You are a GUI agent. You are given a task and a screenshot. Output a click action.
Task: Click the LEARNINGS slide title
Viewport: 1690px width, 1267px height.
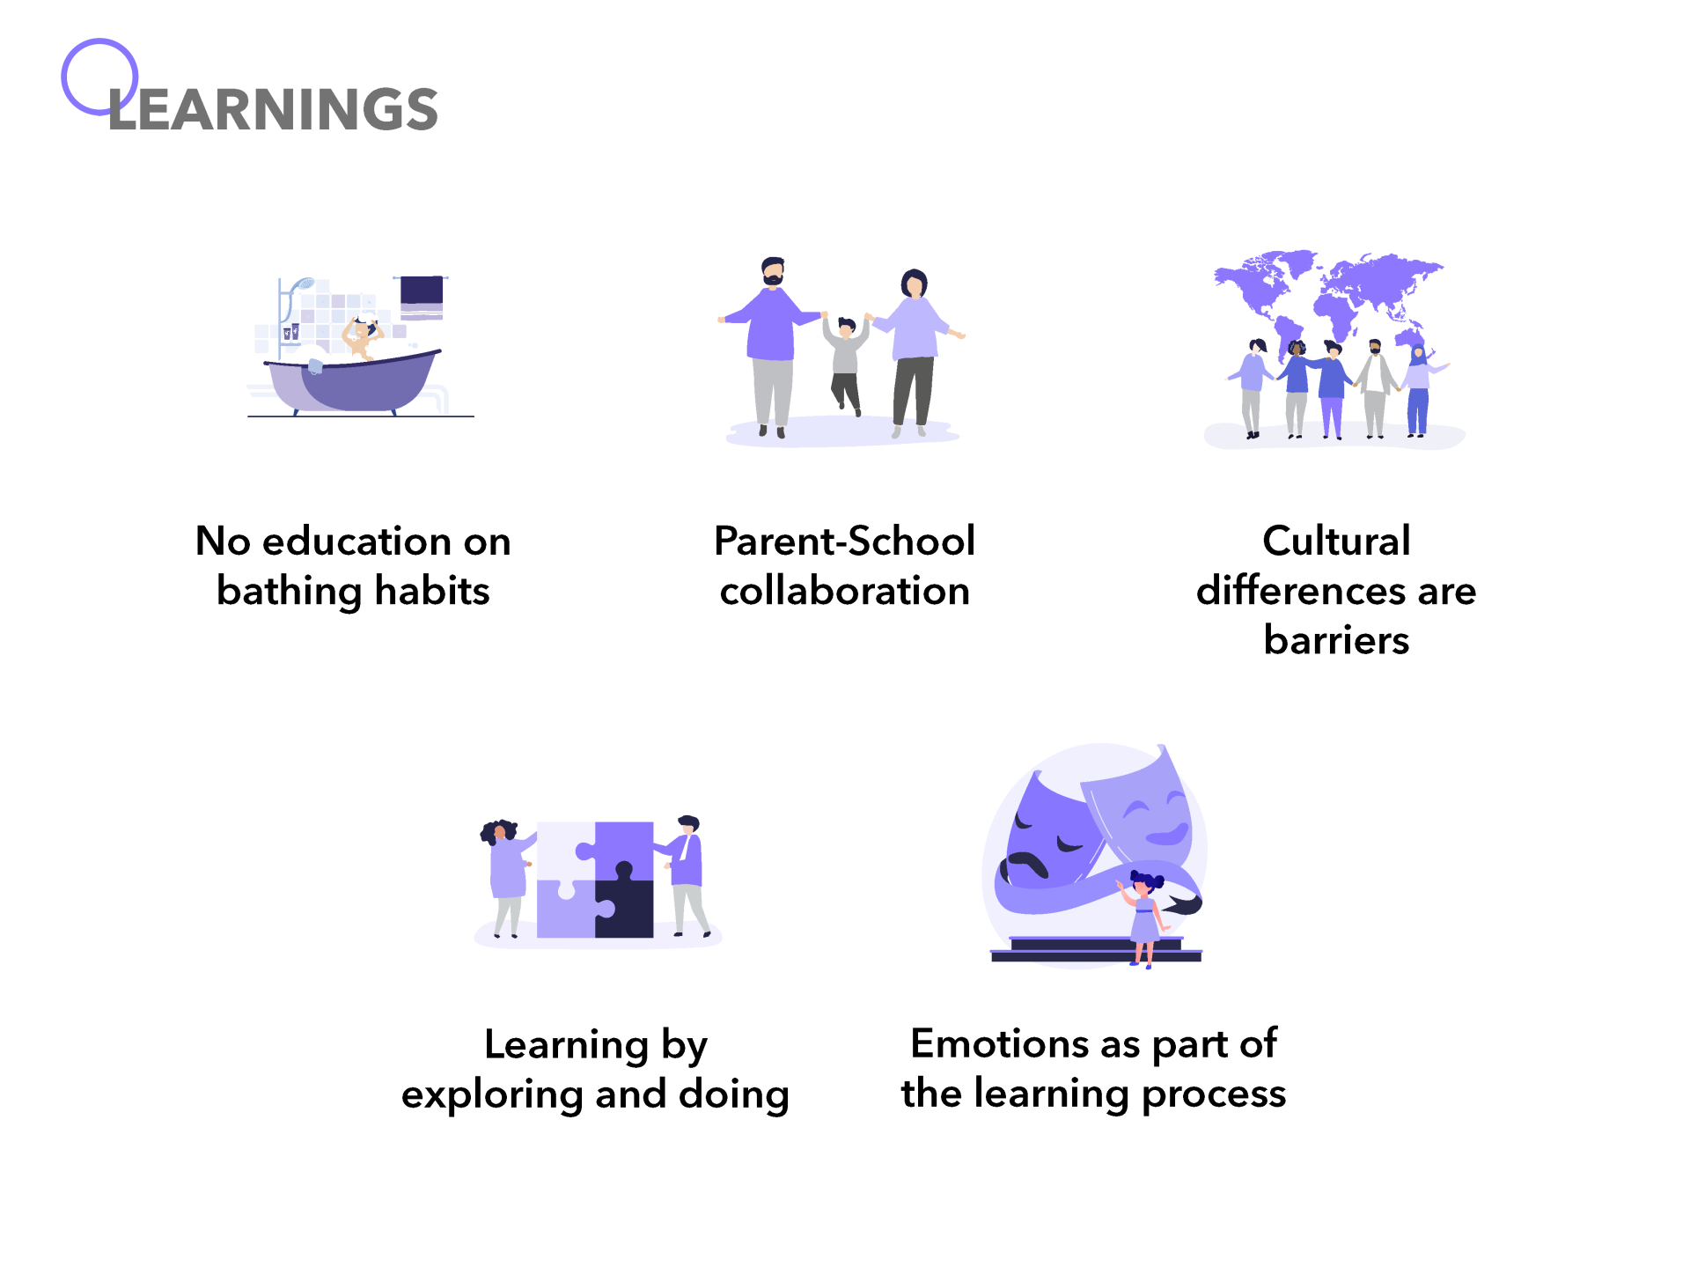click(273, 109)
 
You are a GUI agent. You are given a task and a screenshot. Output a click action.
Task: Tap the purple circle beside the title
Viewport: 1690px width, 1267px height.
click(99, 77)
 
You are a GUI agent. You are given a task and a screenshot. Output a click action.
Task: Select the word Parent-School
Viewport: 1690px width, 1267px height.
click(844, 541)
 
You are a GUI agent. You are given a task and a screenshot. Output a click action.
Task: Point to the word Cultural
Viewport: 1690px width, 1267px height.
click(1336, 541)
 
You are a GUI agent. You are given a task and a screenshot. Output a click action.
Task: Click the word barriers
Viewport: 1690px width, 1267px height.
click(1336, 640)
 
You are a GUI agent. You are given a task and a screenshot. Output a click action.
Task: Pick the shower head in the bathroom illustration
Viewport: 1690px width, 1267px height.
click(301, 284)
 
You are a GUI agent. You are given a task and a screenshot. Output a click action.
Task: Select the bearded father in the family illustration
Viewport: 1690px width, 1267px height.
click(771, 347)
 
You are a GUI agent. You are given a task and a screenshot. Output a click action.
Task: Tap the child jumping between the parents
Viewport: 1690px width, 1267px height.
click(846, 363)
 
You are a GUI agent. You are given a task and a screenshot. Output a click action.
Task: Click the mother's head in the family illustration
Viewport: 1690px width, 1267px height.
click(915, 283)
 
